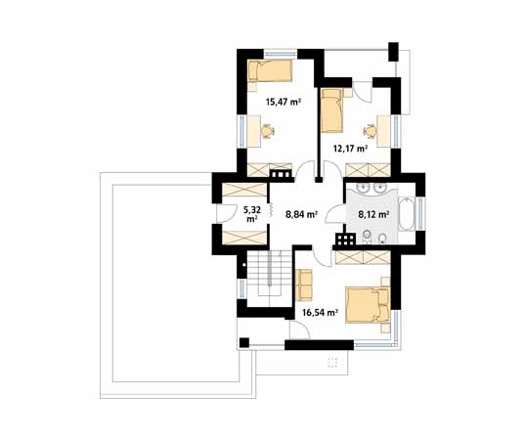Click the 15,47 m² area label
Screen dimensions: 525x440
click(x=283, y=102)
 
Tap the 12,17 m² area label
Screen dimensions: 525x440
click(x=351, y=148)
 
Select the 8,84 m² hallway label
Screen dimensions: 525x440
click(x=301, y=214)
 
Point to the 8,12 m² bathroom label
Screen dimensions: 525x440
click(x=373, y=214)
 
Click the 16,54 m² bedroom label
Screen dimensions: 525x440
click(x=320, y=313)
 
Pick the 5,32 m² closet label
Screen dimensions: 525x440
click(x=252, y=214)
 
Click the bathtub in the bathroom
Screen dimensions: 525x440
click(x=407, y=214)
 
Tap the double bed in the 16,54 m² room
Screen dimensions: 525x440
click(x=368, y=304)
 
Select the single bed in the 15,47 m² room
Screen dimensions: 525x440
click(x=270, y=70)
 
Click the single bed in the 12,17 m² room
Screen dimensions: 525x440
click(x=332, y=110)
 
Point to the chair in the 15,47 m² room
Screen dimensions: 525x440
click(x=267, y=131)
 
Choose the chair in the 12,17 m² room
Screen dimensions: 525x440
click(x=370, y=131)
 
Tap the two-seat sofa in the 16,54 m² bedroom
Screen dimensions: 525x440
click(x=304, y=285)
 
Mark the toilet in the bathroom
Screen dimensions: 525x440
click(x=367, y=237)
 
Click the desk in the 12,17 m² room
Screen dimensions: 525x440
click(x=383, y=131)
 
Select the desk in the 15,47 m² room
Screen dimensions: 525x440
click(x=254, y=131)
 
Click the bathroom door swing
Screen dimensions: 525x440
click(x=334, y=214)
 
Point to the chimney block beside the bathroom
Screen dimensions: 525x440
click(x=345, y=240)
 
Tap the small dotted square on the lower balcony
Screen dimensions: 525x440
click(x=332, y=363)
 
